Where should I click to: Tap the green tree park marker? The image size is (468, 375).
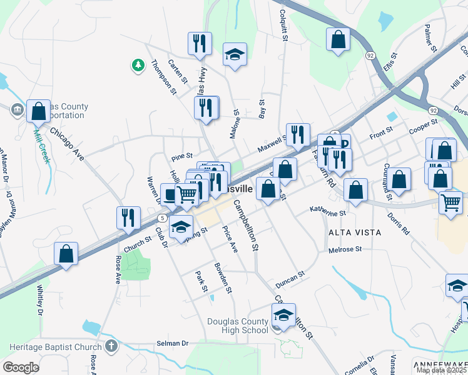[x=137, y=64]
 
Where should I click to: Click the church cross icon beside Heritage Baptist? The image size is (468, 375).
[x=111, y=346]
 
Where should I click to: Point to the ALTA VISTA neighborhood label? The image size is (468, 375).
[x=355, y=232]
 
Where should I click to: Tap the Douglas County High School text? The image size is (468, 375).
[x=238, y=326]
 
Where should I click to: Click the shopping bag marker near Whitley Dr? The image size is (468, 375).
[x=66, y=253]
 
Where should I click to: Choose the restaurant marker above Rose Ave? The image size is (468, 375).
[x=128, y=217]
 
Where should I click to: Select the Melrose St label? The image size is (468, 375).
[x=345, y=250]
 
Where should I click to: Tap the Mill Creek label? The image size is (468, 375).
[x=41, y=143]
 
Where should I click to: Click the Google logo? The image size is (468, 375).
[x=21, y=367]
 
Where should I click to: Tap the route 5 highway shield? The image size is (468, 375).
[x=161, y=217]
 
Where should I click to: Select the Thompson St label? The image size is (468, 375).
[x=164, y=77]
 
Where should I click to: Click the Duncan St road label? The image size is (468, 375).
[x=290, y=279]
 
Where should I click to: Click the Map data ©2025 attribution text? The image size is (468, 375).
[x=441, y=370]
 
